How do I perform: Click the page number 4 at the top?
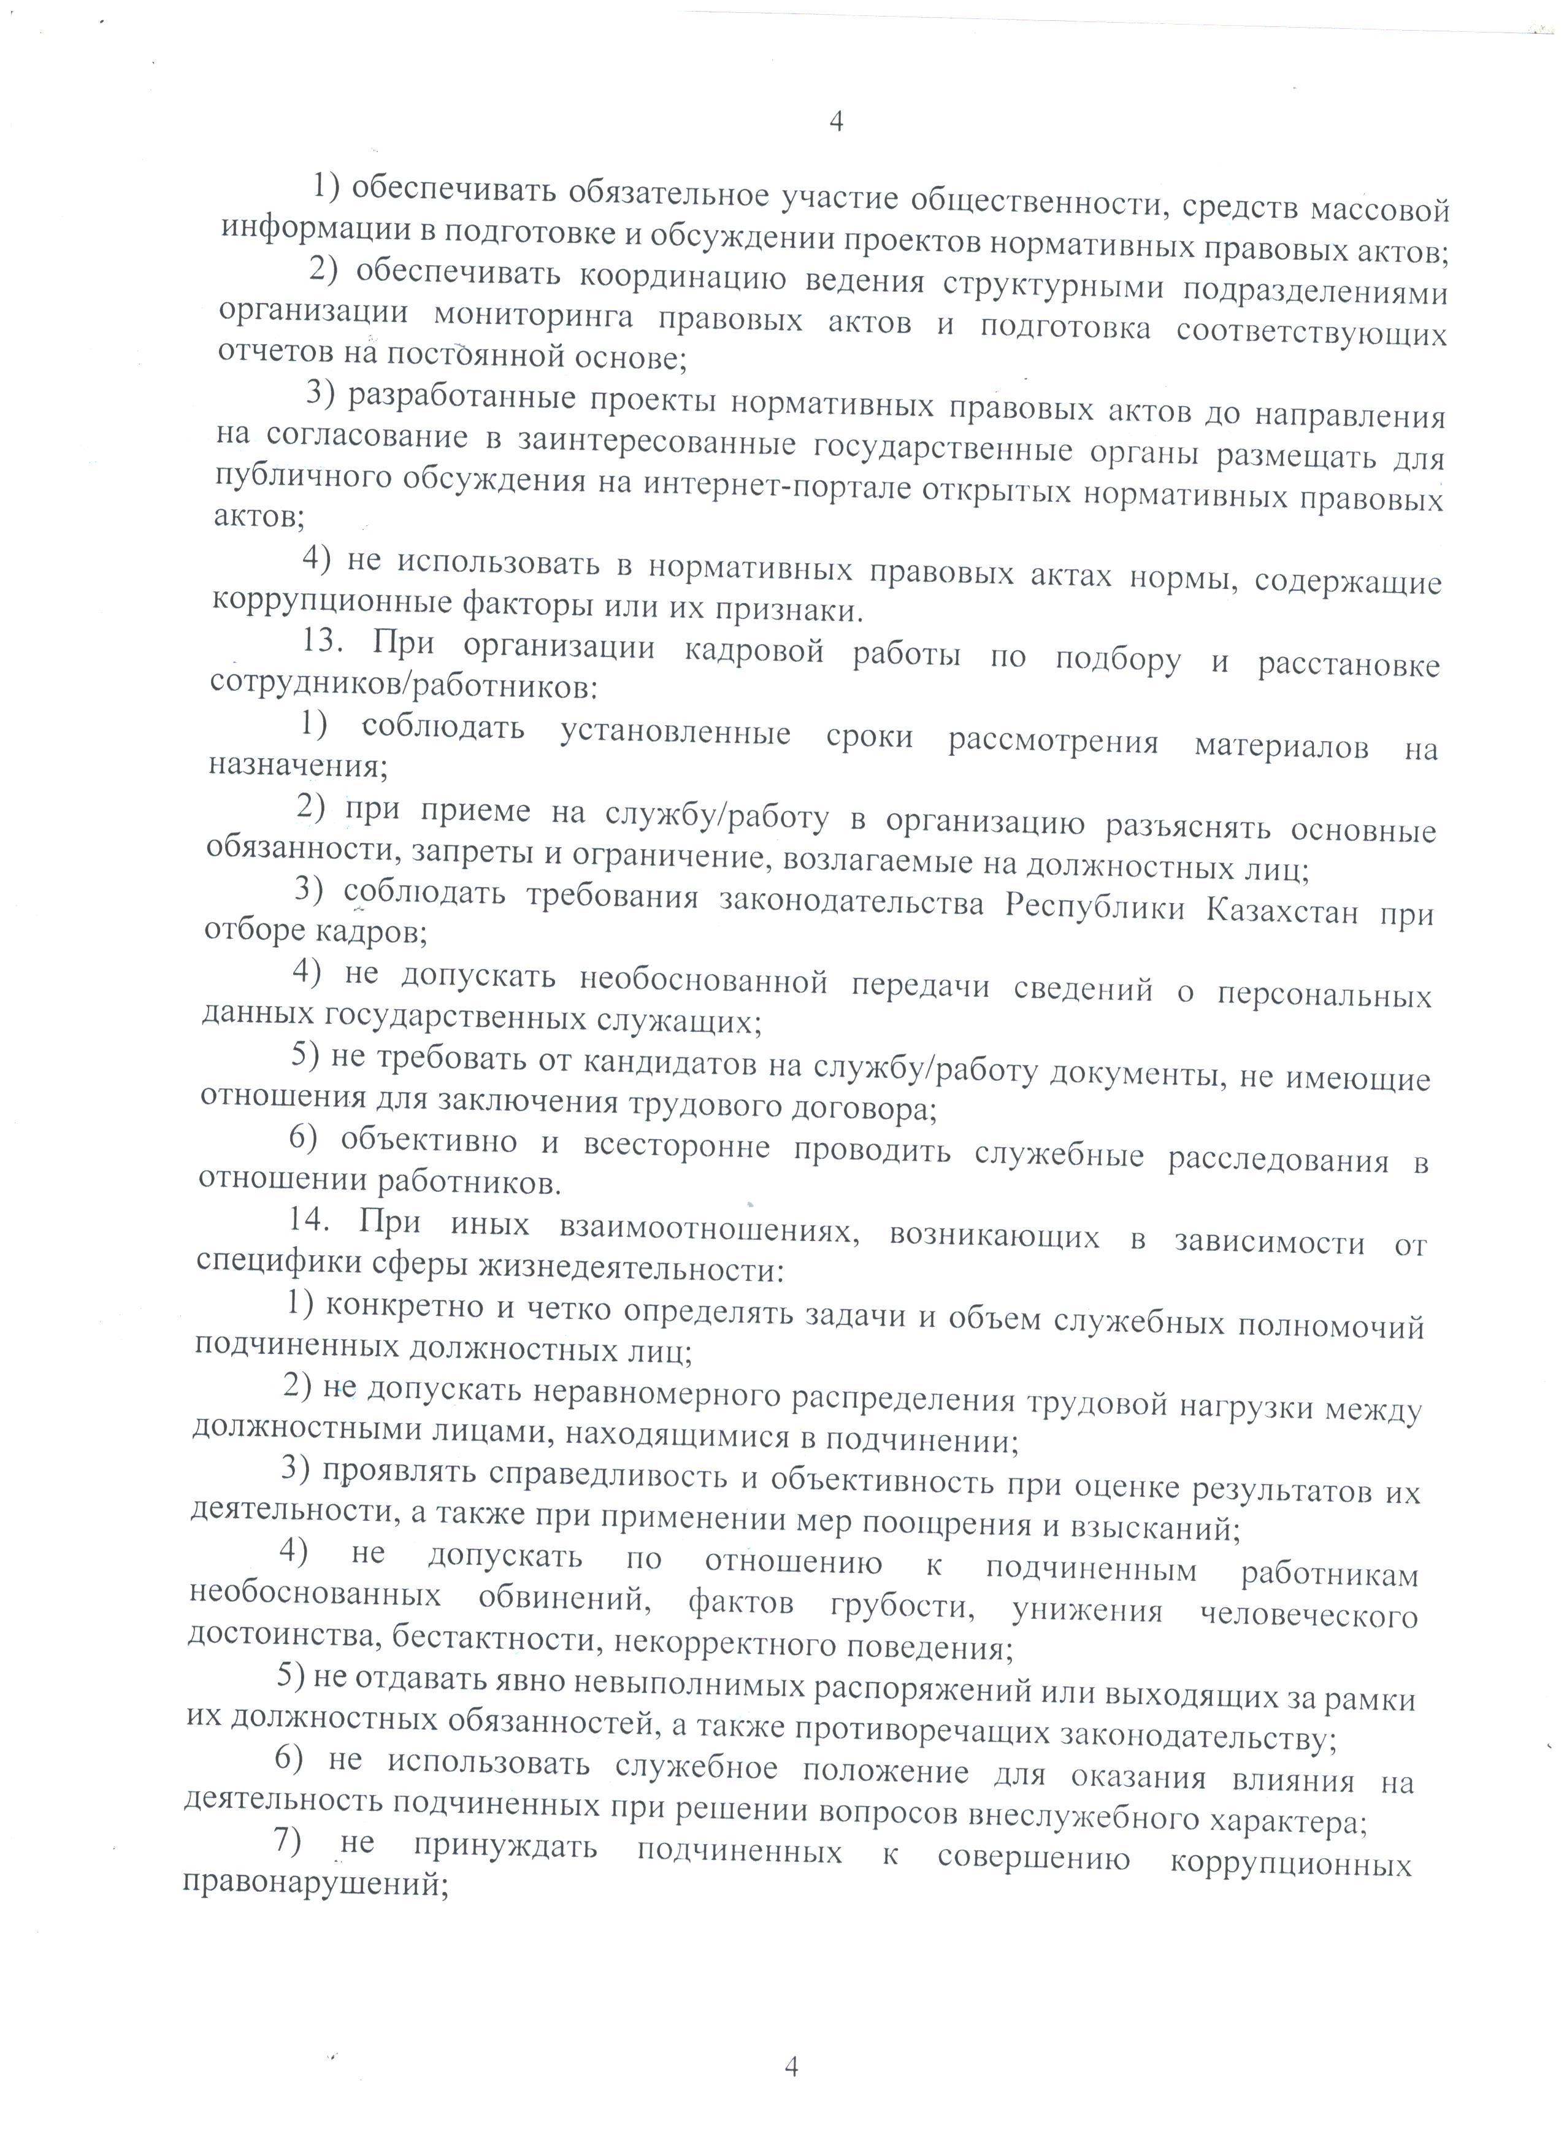[x=835, y=121]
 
